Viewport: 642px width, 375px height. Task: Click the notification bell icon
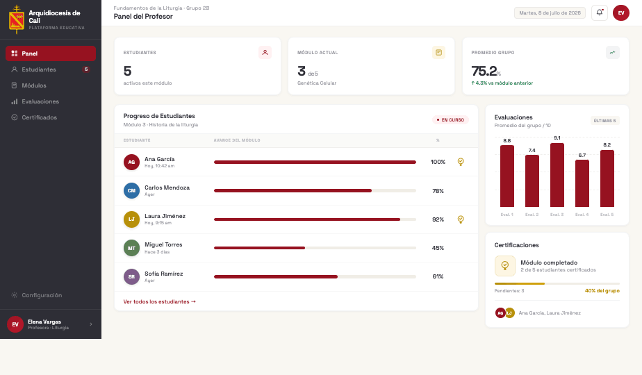point(600,12)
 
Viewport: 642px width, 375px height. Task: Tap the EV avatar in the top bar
point(621,12)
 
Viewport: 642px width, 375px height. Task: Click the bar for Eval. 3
point(557,175)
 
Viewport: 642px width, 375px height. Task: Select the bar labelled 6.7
point(582,183)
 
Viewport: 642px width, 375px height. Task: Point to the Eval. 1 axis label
point(507,215)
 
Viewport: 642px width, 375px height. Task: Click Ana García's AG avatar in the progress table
point(131,162)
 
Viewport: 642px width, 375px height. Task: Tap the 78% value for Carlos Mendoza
point(438,191)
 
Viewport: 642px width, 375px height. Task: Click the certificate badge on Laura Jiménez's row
point(461,219)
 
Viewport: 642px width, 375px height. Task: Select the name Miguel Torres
point(163,244)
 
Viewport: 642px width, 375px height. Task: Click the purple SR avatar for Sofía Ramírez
point(131,277)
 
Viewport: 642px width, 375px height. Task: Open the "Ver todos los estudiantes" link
point(160,301)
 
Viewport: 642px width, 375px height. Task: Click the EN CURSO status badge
point(450,120)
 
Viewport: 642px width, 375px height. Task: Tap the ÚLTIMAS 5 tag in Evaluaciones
point(604,121)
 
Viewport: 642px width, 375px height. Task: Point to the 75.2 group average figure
point(484,72)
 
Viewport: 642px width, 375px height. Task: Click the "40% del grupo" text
point(602,291)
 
